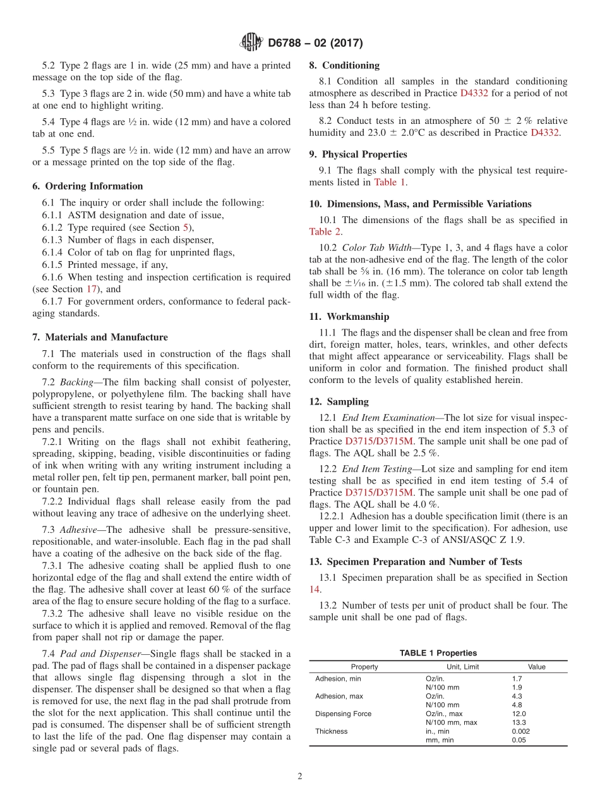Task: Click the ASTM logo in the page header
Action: [x=251, y=43]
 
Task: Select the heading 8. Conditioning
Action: [x=344, y=65]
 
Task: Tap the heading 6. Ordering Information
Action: [x=88, y=186]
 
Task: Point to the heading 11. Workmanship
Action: [x=349, y=316]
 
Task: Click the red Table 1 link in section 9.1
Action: [x=390, y=182]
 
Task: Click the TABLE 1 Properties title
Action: [x=438, y=653]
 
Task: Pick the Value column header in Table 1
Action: [x=536, y=667]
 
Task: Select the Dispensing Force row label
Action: [x=343, y=714]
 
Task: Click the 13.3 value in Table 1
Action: [x=519, y=722]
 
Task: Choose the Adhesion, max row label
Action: [x=340, y=696]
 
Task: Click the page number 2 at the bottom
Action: [x=300, y=776]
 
